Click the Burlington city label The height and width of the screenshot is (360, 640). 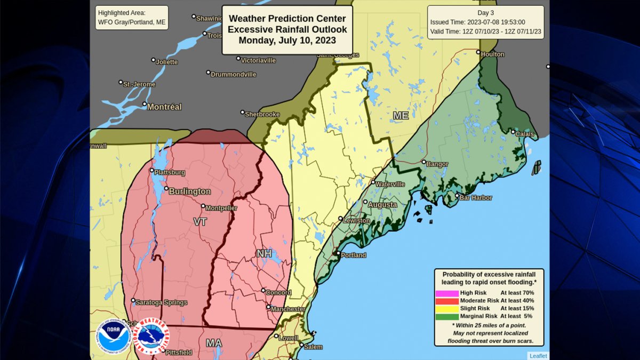(x=190, y=191)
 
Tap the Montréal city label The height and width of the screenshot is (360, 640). (x=164, y=107)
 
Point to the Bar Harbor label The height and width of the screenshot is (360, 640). (x=476, y=198)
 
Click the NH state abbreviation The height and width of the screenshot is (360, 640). (x=264, y=253)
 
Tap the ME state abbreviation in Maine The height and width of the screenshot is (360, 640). (x=401, y=115)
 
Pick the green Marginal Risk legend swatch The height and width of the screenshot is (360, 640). (x=447, y=316)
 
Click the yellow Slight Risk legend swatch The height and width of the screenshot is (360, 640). (x=447, y=308)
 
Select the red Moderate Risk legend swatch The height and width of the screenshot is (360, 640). (x=447, y=301)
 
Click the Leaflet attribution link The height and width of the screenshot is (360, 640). (x=538, y=356)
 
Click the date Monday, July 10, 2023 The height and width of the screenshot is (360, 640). (x=287, y=40)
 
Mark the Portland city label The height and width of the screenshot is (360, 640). (x=353, y=255)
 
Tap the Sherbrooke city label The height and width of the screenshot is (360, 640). (x=262, y=114)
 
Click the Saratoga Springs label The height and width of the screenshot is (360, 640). (x=161, y=302)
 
